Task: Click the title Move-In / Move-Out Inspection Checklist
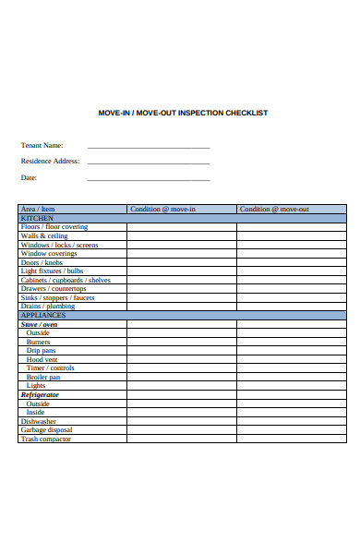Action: point(183,113)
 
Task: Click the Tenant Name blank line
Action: point(148,146)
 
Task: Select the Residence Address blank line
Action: point(148,163)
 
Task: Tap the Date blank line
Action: point(148,179)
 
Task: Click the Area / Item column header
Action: point(38,210)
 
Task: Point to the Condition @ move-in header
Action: point(162,210)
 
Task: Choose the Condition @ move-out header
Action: point(274,210)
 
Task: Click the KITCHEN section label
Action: point(36,218)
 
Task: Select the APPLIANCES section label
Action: point(43,316)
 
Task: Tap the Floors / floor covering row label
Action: point(54,227)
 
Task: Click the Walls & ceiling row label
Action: point(44,236)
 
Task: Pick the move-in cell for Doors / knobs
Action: point(181,262)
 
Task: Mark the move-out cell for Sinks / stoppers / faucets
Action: point(291,298)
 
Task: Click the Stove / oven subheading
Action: point(40,325)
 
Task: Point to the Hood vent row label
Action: point(42,360)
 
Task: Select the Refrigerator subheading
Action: point(41,395)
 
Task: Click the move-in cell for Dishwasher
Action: point(181,422)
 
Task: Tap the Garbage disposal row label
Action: point(46,430)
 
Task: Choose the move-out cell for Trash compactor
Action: point(291,440)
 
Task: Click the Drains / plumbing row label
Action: point(48,307)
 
